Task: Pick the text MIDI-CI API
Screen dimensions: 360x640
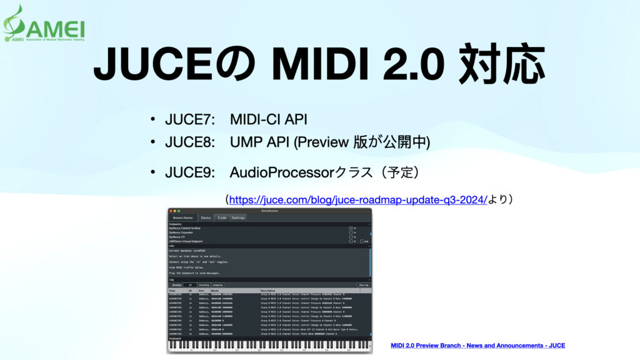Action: pos(268,119)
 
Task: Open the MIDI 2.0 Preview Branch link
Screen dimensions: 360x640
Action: pos(477,345)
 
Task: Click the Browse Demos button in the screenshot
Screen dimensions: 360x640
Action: pos(184,217)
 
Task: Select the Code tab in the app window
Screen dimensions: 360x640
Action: pos(222,217)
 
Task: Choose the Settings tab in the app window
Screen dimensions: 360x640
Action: pos(238,217)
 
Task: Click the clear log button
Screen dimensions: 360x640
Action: pos(362,284)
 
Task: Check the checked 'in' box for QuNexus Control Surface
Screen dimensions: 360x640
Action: pos(351,228)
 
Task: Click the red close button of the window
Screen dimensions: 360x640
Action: pos(169,211)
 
